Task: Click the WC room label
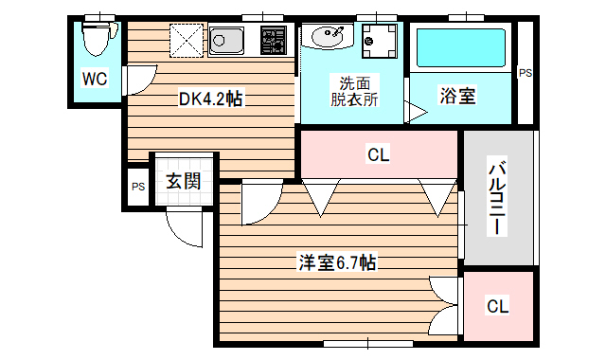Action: (x=94, y=79)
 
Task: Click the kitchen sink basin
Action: (x=228, y=40)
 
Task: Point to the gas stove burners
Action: (x=274, y=40)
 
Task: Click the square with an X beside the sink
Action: (x=187, y=40)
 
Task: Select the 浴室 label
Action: (x=456, y=96)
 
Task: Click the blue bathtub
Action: (x=461, y=47)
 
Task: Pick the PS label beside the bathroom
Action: (x=525, y=73)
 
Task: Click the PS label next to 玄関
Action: (x=138, y=186)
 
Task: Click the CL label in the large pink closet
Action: (x=378, y=153)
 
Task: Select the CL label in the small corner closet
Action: (x=498, y=306)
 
